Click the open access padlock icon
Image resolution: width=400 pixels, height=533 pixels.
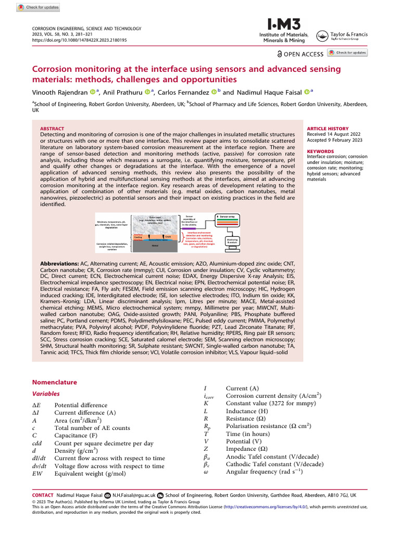(280, 54)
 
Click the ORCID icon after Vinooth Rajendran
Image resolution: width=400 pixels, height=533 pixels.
(93, 92)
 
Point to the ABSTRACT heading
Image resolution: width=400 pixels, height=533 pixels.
(52, 129)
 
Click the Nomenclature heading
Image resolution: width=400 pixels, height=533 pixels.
(54, 382)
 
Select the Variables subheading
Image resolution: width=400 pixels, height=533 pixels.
(46, 394)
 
